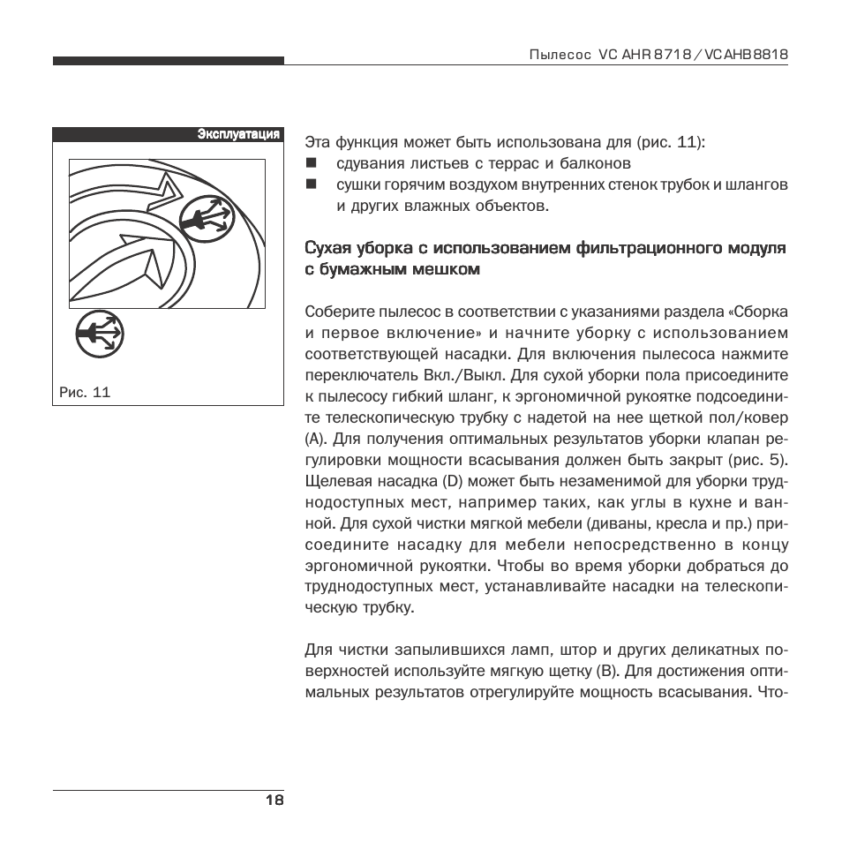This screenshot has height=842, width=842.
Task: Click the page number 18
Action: pos(274,801)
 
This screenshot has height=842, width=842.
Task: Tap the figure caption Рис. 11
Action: pos(85,392)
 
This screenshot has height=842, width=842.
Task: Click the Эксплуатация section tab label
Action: pos(238,134)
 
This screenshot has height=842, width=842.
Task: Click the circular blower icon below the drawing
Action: pos(99,335)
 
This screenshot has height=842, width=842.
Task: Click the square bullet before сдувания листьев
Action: pos(311,163)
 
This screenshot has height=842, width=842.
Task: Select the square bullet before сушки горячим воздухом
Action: pos(311,184)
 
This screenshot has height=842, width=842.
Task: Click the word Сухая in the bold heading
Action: pos(328,248)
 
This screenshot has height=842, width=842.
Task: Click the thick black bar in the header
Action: pos(168,61)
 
